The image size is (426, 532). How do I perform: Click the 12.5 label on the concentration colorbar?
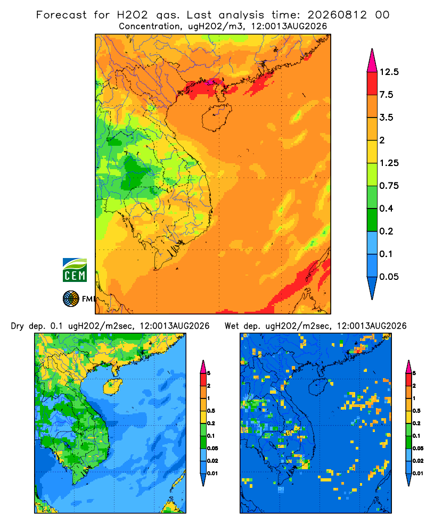tap(389, 72)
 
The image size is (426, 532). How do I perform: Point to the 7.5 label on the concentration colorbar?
tap(386, 95)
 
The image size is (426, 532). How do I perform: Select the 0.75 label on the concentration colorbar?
tap(389, 186)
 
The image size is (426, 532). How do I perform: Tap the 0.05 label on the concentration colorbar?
tap(389, 277)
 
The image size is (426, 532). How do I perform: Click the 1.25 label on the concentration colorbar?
tap(389, 163)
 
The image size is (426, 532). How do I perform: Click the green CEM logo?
tap(75, 270)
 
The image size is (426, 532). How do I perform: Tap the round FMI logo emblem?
tap(71, 299)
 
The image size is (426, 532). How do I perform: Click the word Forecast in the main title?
tap(61, 15)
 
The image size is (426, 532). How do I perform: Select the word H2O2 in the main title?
tap(133, 15)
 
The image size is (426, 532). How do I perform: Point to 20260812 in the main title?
tap(337, 15)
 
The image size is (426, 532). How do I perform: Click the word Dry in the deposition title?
tap(18, 327)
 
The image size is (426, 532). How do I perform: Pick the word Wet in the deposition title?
tap(232, 326)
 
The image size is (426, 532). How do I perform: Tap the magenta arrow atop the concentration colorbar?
tap(372, 60)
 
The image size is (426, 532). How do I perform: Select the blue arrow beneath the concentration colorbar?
tap(372, 288)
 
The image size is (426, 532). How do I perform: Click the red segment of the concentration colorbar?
tap(372, 84)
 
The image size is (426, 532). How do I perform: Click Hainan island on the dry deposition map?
tap(112, 387)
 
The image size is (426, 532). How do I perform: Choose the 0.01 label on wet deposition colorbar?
tap(417, 473)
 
